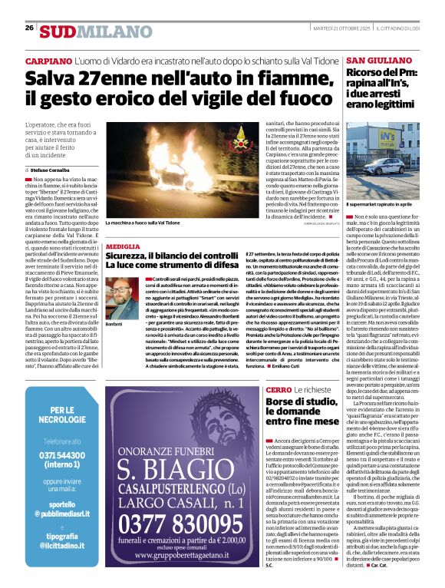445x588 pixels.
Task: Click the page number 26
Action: coord(29,28)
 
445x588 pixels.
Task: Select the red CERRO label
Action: coord(278,390)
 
